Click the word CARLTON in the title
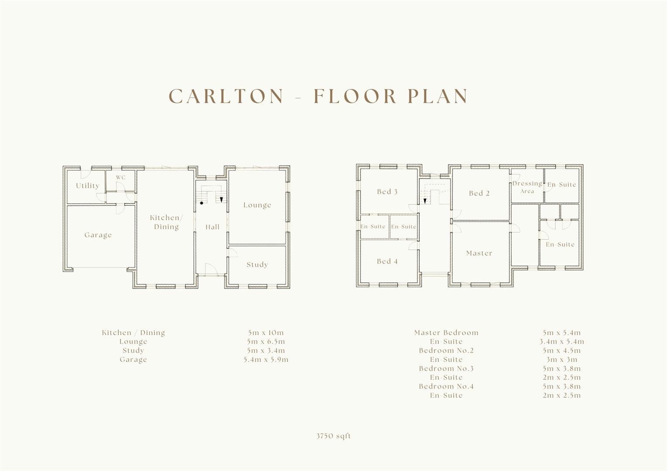226,96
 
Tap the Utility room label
87,186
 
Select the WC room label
120,177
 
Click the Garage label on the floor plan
98,235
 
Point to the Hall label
213,227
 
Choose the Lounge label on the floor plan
257,205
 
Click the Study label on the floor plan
257,265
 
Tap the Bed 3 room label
387,191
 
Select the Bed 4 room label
387,261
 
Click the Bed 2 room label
479,193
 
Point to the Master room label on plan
479,253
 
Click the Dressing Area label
527,187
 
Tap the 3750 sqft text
333,436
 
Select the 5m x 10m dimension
265,333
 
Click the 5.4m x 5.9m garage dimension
265,360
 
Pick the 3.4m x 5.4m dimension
561,341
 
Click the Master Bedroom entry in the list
446,333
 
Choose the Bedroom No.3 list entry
446,369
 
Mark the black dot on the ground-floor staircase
201,203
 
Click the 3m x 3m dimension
561,360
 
